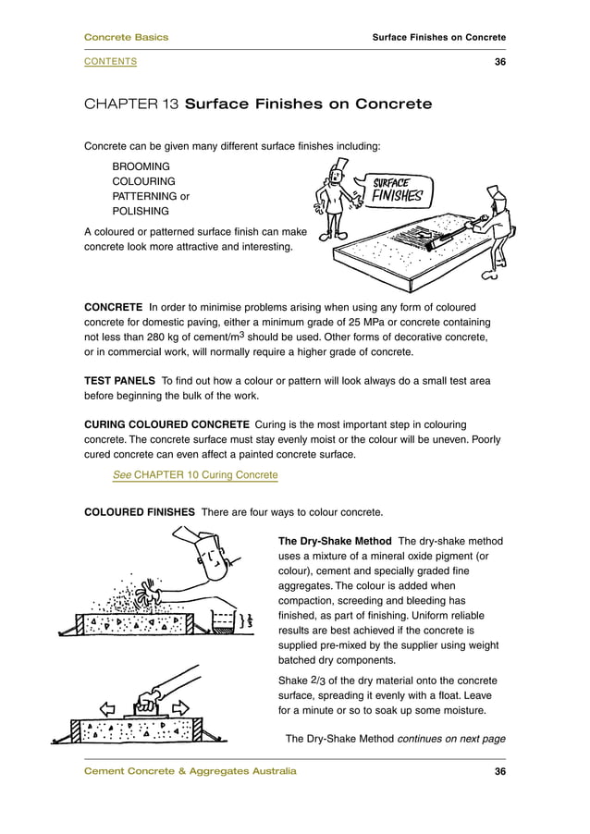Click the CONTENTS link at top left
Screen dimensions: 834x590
110,61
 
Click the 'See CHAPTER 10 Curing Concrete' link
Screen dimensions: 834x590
194,475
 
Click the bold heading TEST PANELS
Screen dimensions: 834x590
119,381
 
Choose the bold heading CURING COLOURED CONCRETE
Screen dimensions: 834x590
166,425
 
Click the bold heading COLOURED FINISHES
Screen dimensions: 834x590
139,512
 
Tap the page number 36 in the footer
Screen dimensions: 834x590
499,772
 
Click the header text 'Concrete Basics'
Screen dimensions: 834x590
126,37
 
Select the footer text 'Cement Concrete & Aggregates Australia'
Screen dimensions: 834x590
191,772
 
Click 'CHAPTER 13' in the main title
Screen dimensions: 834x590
130,104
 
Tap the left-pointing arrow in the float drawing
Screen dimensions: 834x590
107,708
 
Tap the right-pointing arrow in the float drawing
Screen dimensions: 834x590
181,708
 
